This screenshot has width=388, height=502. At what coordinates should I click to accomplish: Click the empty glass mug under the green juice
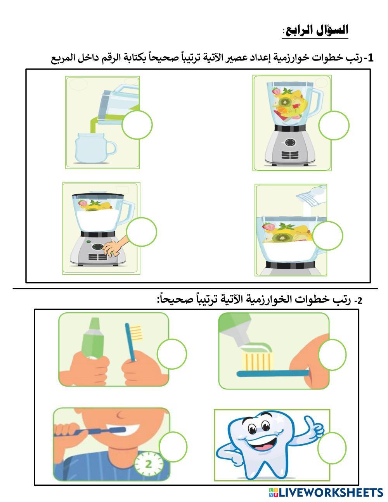[x=95, y=148]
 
